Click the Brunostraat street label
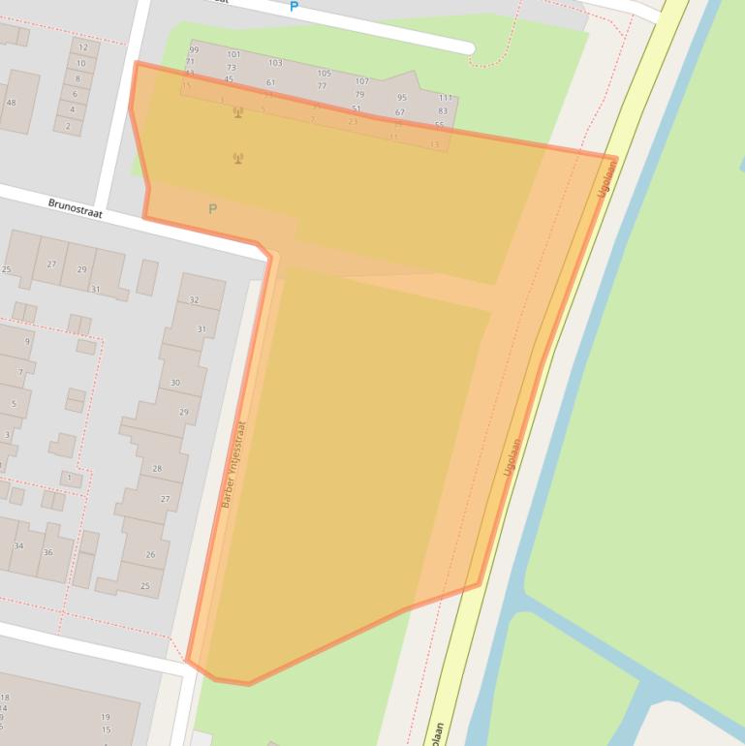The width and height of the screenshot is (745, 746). (x=76, y=207)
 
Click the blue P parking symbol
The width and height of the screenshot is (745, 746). (x=295, y=7)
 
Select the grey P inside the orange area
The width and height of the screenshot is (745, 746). (x=212, y=208)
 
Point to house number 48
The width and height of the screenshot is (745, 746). (x=12, y=103)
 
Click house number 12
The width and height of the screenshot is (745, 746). (x=82, y=47)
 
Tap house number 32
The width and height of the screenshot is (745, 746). (x=194, y=300)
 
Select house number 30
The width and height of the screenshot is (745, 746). (x=175, y=383)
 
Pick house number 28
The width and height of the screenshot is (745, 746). (x=157, y=469)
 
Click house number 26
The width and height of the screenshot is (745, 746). (x=150, y=555)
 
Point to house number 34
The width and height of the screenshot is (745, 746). (x=18, y=546)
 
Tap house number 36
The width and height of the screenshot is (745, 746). (x=47, y=553)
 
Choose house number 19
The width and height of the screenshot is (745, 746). (x=106, y=718)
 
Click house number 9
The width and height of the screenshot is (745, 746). (x=27, y=342)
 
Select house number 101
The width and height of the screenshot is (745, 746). (x=233, y=55)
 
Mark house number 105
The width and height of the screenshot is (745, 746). (x=324, y=74)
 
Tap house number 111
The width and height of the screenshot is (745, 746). (x=445, y=99)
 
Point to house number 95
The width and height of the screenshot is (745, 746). (x=402, y=98)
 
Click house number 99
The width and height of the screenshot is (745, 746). (x=194, y=49)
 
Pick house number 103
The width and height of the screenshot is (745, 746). (x=275, y=63)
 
